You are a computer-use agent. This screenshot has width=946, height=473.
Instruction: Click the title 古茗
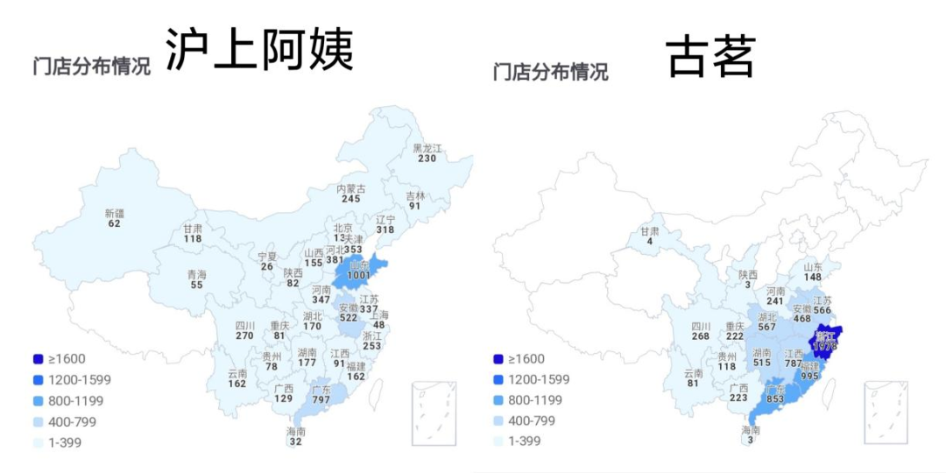tap(710, 56)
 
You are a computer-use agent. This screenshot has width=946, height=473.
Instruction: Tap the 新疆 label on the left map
tap(115, 213)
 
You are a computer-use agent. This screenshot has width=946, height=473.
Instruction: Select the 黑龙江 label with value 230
tap(427, 148)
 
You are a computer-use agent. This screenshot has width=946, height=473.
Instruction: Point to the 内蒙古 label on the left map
tap(351, 188)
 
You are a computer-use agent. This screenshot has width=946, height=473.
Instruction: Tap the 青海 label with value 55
tap(197, 274)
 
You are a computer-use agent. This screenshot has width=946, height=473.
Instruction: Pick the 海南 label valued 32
tap(296, 432)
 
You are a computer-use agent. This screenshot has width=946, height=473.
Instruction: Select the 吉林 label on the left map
tap(414, 195)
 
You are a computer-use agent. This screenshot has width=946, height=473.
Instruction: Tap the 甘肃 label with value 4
tap(649, 231)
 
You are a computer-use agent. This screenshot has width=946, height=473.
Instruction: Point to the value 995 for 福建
tap(809, 375)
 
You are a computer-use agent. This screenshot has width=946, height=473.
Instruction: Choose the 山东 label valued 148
tap(814, 266)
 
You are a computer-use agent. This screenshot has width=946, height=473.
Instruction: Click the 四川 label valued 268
tap(700, 326)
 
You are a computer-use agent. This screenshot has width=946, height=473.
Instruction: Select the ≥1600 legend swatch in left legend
tap(38, 359)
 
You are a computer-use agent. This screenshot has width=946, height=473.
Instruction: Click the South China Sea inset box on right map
tap(886, 413)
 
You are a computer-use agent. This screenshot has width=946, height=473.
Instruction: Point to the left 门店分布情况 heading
tap(91, 67)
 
